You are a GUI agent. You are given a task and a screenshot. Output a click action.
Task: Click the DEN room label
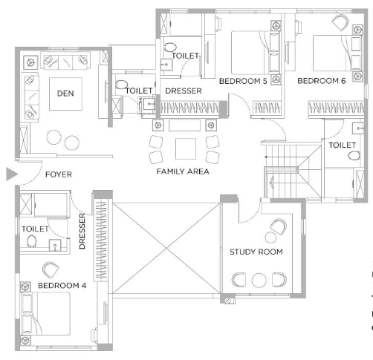click(x=65, y=94)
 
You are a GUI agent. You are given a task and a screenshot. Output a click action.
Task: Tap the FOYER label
click(x=59, y=174)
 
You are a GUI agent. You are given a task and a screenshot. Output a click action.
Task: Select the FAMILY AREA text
click(x=183, y=171)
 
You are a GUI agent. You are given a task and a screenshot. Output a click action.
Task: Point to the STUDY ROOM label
click(x=256, y=252)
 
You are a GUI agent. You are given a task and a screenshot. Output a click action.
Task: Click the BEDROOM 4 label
click(x=62, y=286)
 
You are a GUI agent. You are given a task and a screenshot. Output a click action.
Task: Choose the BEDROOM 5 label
click(x=243, y=81)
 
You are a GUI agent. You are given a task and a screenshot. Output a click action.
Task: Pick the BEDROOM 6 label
click(x=322, y=81)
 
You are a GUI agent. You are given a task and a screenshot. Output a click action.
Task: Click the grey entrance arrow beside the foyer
click(x=12, y=174)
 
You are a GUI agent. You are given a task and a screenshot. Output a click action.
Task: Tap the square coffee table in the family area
click(x=186, y=148)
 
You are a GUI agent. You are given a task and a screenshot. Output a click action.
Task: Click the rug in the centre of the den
click(x=65, y=94)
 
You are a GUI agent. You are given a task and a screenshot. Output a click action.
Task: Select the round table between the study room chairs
click(x=259, y=280)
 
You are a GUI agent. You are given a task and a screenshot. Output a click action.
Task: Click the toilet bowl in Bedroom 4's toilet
click(x=32, y=241)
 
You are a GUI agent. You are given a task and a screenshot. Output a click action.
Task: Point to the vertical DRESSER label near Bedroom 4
click(x=82, y=231)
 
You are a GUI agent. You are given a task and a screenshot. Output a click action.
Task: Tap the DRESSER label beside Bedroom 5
click(x=184, y=91)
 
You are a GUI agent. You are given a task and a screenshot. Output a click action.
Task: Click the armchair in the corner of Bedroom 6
click(x=340, y=22)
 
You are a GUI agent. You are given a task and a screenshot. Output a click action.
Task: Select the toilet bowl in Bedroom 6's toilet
click(x=354, y=156)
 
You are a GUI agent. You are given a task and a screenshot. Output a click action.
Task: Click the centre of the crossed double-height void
click(x=166, y=248)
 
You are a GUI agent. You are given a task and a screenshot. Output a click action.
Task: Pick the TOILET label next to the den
click(x=139, y=91)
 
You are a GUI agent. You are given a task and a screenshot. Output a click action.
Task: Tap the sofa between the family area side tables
click(x=184, y=125)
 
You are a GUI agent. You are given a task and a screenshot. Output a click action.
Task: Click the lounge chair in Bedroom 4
click(x=51, y=269)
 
